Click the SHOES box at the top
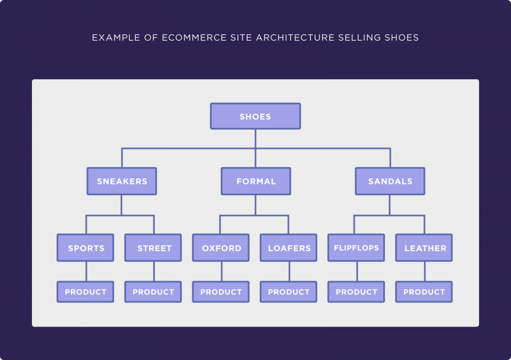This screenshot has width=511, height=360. click(256, 116)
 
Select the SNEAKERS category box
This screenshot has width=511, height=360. click(122, 181)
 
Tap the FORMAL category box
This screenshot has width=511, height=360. click(256, 181)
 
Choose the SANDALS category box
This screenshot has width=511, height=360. click(390, 181)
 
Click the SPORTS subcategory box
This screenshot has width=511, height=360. click(85, 248)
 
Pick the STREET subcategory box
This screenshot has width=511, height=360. click(153, 248)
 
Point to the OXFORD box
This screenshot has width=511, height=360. click(221, 248)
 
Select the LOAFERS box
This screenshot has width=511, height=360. click(289, 248)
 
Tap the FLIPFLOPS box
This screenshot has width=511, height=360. click(356, 248)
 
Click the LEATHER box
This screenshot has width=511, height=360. click(424, 248)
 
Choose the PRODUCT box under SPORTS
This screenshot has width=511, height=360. click(85, 292)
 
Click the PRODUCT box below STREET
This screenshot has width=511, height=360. click(153, 292)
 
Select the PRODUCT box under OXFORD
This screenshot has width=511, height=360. click(221, 292)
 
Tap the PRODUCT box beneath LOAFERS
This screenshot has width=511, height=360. click(289, 292)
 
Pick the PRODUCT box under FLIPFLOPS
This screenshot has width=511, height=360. click(356, 292)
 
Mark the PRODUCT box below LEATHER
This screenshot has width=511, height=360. click(424, 292)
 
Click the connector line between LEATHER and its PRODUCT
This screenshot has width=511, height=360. click(425, 271)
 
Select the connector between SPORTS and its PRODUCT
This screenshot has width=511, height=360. click(86, 271)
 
